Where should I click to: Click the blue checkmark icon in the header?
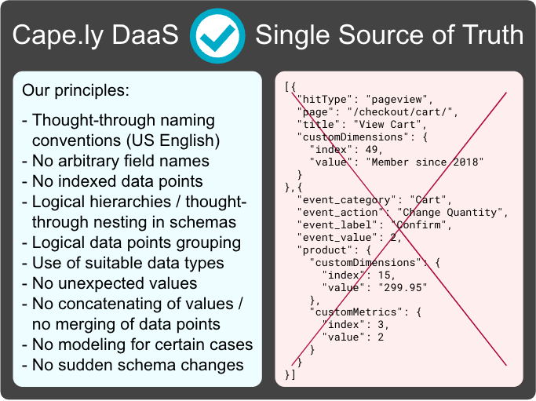[x=217, y=36]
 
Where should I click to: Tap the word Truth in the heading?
[x=493, y=35]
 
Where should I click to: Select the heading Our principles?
[x=75, y=90]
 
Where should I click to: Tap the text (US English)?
[x=173, y=140]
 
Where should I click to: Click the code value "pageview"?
[x=396, y=100]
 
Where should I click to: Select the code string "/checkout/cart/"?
[x=399, y=112]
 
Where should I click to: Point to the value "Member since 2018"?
[x=425, y=162]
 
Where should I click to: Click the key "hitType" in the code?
[x=324, y=100]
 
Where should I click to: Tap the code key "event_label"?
[x=337, y=225]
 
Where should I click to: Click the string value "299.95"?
[x=403, y=287]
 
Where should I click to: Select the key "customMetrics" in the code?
[x=356, y=312]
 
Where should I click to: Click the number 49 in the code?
[x=371, y=149]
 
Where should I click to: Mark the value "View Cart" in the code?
[x=387, y=125]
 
